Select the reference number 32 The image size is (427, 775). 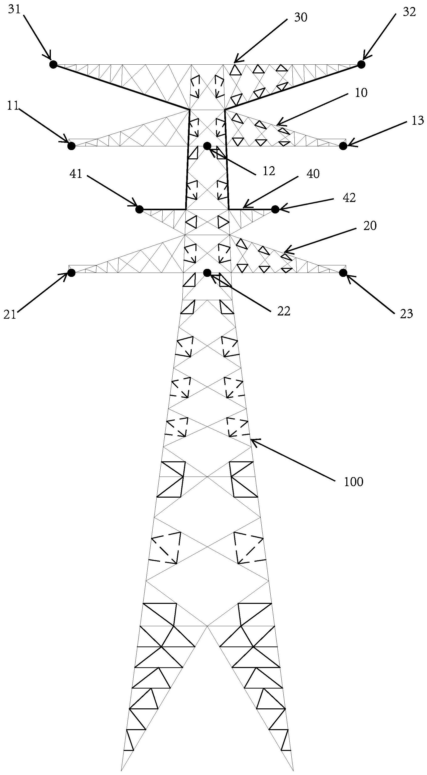409,12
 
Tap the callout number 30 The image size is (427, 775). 301,18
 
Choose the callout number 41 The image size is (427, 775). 76,174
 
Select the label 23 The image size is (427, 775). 406,314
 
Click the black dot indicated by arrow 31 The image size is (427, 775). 53,64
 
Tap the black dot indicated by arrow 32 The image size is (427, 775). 361,64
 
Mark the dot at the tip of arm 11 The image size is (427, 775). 71,146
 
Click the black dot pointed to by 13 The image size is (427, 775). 343,146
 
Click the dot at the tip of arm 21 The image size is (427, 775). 71,273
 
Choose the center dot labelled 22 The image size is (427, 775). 207,273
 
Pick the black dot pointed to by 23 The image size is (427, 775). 343,273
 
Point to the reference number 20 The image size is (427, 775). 370,226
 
